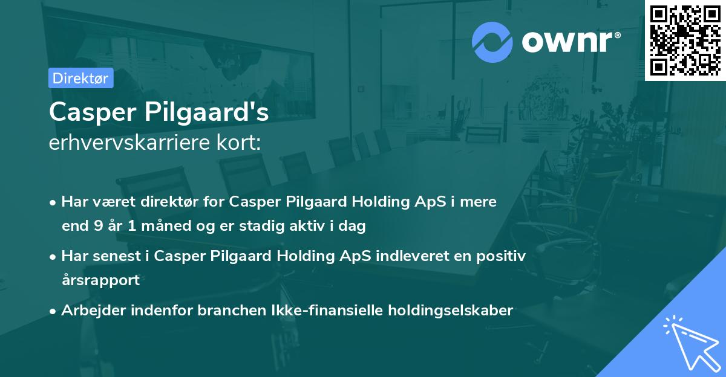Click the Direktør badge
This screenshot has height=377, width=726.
(81, 78)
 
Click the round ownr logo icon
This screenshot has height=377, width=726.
(492, 42)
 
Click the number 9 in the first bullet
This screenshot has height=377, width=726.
(99, 227)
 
